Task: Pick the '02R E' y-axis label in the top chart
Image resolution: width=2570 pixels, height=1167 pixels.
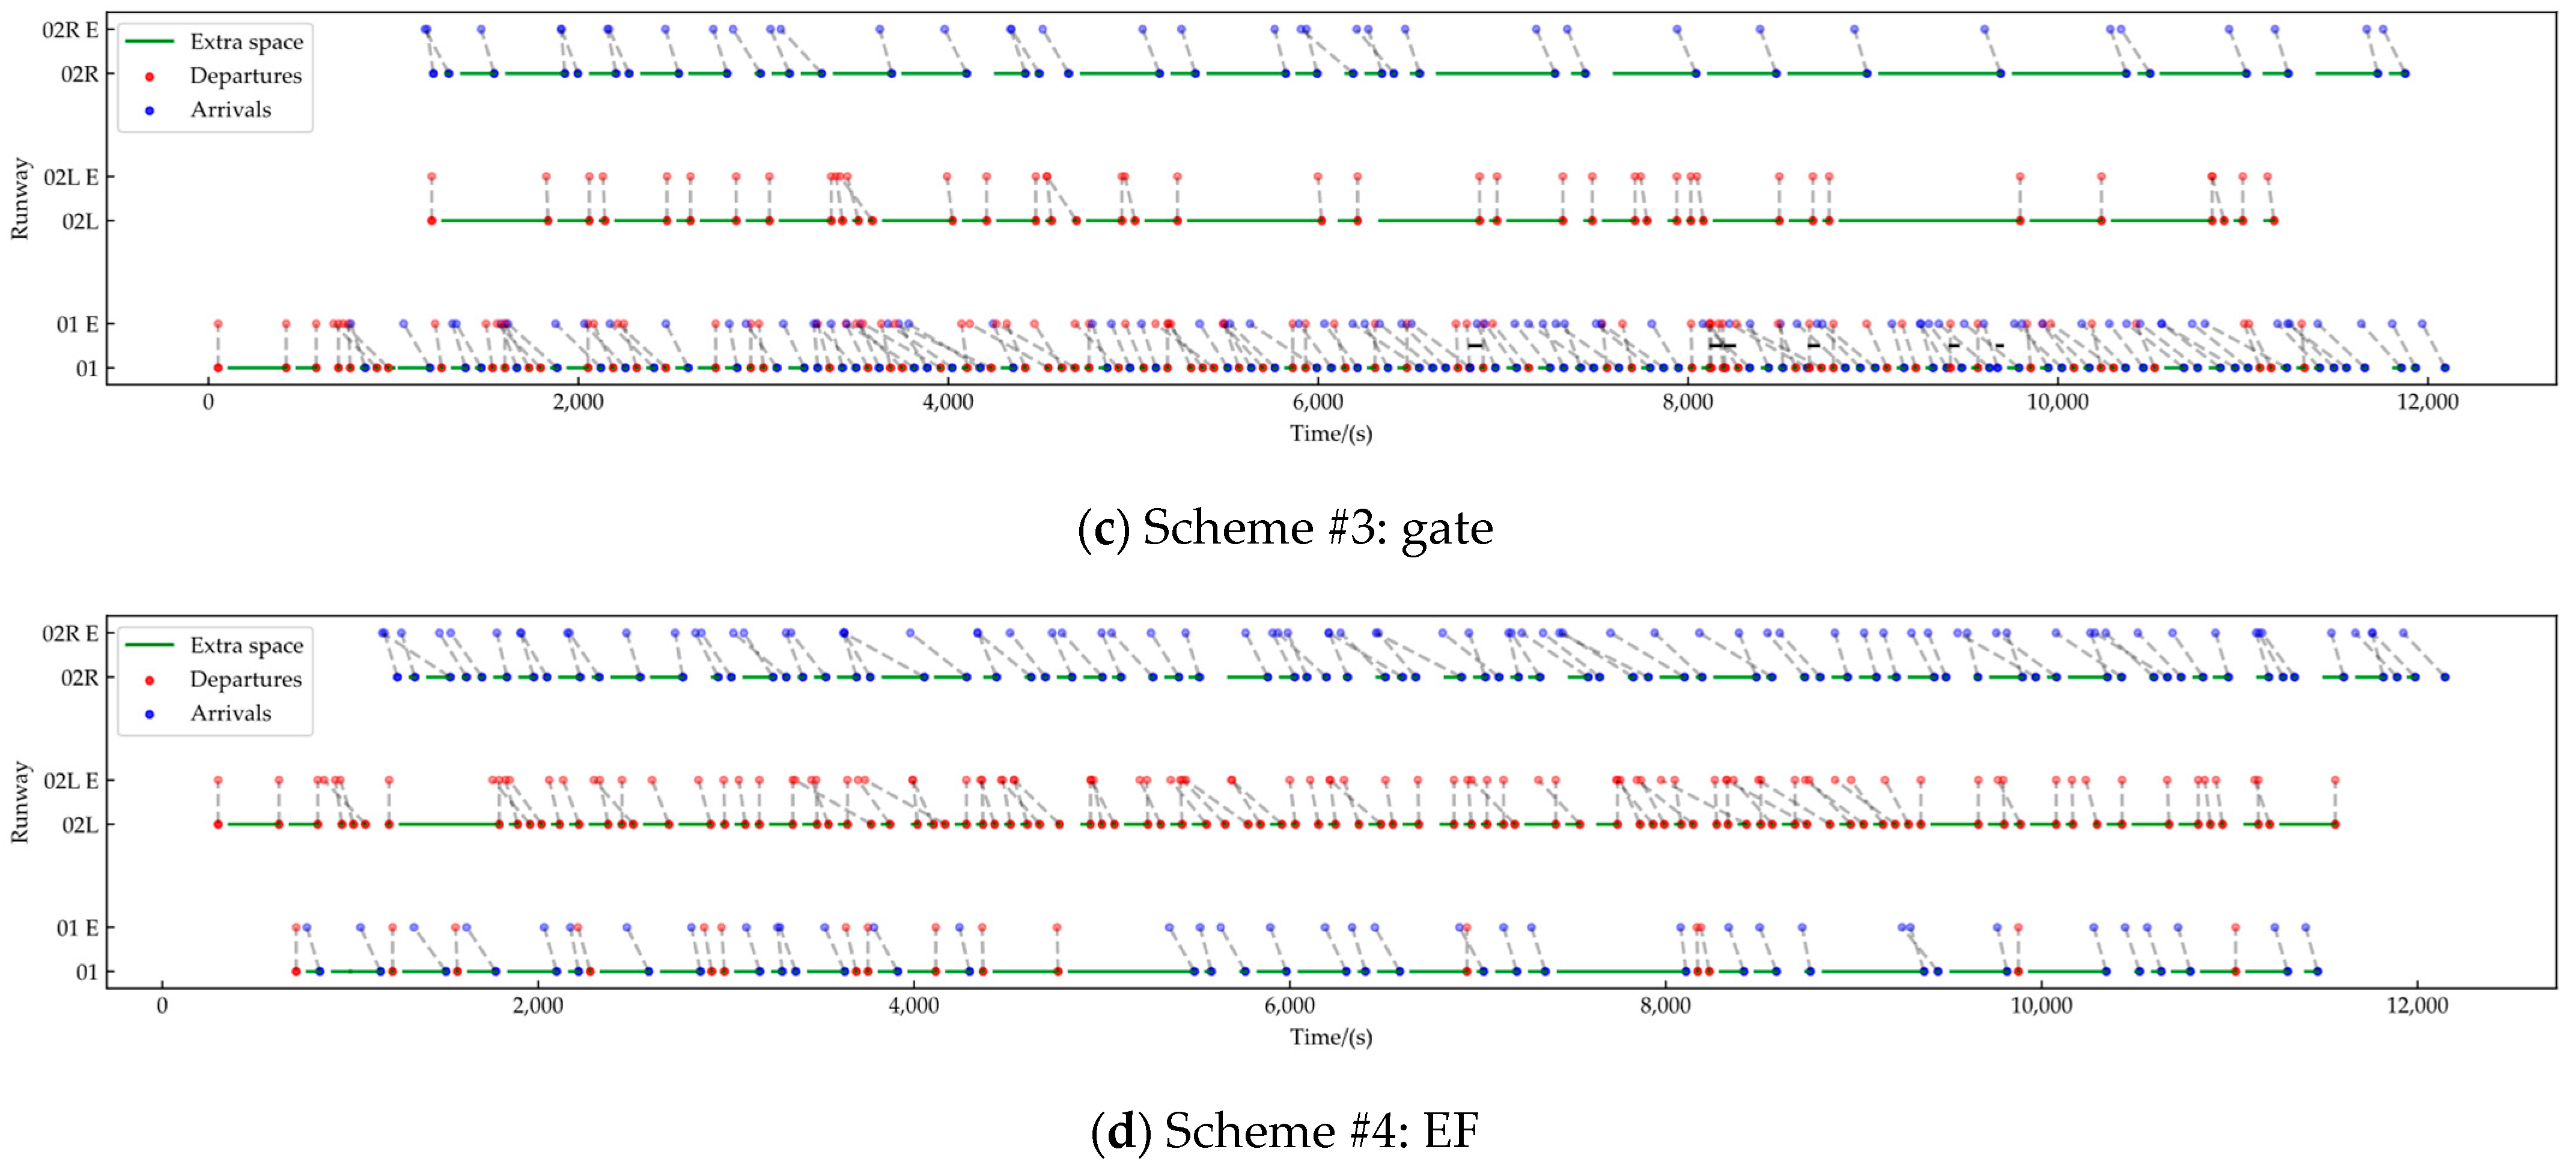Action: point(70,30)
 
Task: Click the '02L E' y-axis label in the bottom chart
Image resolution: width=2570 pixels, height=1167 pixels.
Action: point(70,781)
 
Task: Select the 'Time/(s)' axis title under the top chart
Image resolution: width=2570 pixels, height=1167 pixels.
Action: point(1331,434)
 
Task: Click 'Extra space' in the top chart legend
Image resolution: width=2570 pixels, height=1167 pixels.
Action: point(246,42)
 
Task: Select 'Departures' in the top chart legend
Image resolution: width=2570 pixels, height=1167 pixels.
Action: point(245,76)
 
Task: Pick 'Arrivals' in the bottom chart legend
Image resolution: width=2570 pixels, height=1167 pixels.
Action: point(231,713)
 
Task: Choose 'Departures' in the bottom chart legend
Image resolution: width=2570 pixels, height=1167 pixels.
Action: point(245,679)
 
